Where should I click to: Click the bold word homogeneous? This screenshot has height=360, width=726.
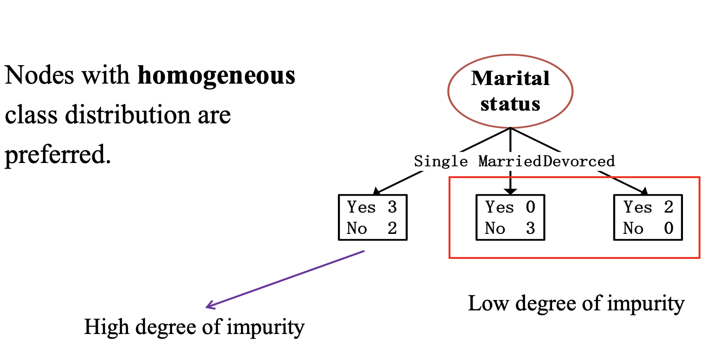click(x=216, y=76)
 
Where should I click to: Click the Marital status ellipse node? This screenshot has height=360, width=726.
click(x=510, y=91)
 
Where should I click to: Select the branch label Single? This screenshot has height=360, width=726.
click(x=441, y=162)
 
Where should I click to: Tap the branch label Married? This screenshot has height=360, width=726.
click(x=510, y=162)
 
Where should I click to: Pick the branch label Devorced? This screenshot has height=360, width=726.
click(x=579, y=162)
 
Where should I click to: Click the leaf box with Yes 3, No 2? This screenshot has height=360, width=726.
click(x=372, y=218)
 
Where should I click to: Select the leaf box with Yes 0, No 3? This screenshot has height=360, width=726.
click(x=510, y=218)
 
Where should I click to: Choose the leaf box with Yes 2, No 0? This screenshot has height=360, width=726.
click(x=648, y=218)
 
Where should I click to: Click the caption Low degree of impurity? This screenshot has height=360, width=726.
click(x=576, y=303)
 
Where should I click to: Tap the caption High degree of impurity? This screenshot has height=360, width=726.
click(x=194, y=327)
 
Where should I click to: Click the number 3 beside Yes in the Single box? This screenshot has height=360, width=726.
click(x=392, y=207)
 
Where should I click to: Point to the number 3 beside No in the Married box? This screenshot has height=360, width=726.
click(x=530, y=229)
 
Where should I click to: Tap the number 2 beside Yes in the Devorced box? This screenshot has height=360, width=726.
click(x=668, y=207)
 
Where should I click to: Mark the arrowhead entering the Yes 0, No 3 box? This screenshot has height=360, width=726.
click(x=510, y=191)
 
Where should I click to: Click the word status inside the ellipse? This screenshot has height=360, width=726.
click(x=510, y=103)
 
